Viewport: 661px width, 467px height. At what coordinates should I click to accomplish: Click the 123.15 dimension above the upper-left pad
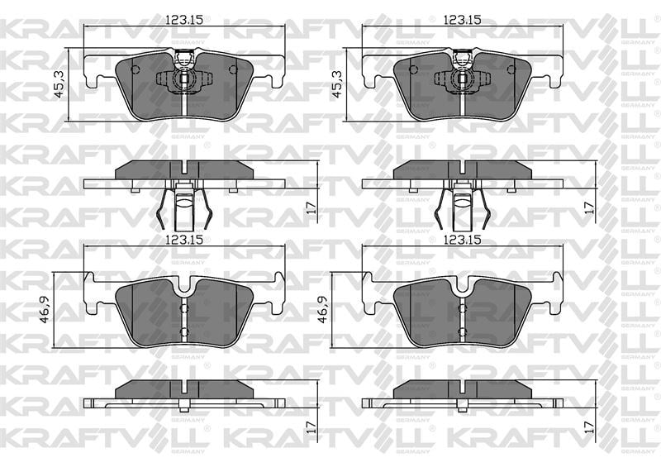184,20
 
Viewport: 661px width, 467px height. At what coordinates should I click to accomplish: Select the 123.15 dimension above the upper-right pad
463,20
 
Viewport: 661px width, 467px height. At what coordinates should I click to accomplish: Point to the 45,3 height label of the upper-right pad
338,84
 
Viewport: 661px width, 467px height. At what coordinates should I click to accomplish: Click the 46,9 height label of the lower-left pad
45,309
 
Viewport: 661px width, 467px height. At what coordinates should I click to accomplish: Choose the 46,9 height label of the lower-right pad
323,309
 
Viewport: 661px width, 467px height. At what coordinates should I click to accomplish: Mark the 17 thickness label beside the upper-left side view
311,207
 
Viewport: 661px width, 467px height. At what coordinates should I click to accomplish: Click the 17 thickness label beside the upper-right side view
589,207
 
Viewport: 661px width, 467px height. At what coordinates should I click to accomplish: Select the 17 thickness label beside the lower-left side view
311,427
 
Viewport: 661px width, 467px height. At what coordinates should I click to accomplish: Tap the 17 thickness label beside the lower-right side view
589,427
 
